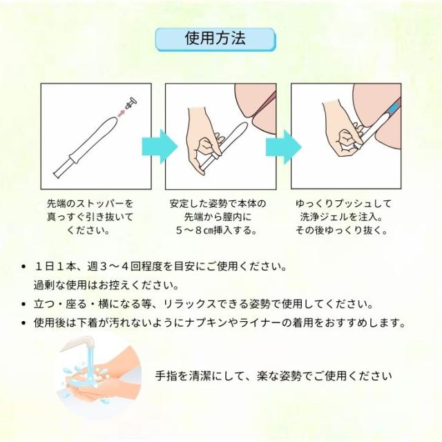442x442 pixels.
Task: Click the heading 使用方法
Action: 215,39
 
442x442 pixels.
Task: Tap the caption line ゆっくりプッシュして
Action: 343,204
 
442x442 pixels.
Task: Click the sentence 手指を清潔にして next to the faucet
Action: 274,376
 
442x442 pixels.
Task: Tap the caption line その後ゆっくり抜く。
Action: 341,230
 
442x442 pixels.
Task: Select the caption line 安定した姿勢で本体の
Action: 217,204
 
